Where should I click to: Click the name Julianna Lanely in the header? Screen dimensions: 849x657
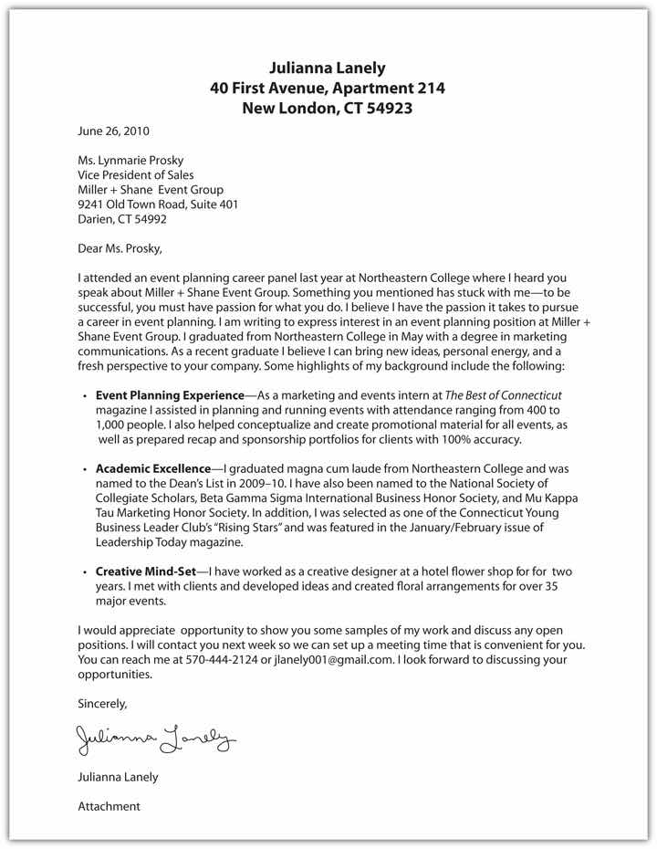(328, 68)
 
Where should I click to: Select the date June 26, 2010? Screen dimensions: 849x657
(113, 131)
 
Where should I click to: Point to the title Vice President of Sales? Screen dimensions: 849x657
(136, 175)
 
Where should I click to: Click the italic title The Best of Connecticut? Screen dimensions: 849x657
(503, 395)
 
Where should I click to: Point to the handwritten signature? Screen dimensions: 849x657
(156, 737)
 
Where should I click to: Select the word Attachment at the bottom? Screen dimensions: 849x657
(109, 806)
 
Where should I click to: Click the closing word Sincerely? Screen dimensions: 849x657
(102, 704)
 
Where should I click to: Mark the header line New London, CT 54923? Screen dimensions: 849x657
(328, 108)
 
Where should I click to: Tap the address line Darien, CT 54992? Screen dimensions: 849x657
(122, 219)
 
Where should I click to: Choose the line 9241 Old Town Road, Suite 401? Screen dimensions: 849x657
(158, 204)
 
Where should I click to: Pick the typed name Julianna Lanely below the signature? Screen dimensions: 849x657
(118, 777)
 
